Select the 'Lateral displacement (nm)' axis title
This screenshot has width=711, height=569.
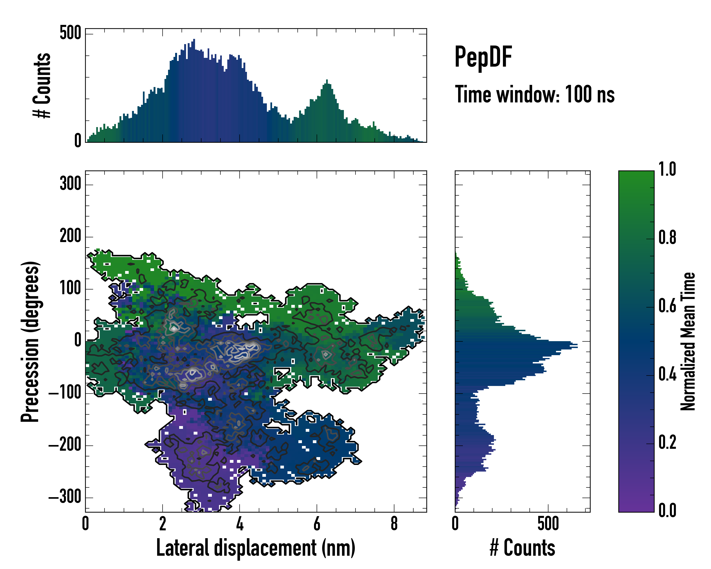point(255,548)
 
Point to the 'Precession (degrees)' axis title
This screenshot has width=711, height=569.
point(30,341)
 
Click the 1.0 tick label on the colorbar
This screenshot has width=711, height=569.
point(667,170)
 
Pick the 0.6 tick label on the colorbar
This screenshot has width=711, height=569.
point(667,306)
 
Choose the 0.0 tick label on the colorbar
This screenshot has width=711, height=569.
point(667,510)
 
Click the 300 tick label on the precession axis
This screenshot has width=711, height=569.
point(70,184)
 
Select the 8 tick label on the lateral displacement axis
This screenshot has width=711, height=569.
point(394,524)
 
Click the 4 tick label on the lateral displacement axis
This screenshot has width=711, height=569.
point(240,524)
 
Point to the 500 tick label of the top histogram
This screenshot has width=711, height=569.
point(70,33)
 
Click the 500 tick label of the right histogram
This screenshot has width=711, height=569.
point(548,524)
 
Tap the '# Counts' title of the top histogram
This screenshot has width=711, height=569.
point(42,85)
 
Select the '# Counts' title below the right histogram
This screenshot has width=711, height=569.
point(522,548)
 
